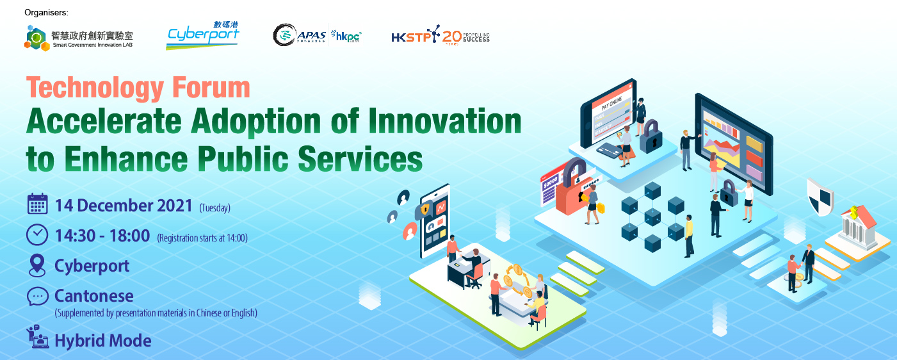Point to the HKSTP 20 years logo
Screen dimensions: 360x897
(x=440, y=37)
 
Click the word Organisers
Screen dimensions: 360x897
(x=46, y=12)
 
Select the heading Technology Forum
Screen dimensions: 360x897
(x=138, y=88)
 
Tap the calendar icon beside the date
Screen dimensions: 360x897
(x=38, y=204)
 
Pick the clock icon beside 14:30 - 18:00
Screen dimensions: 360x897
(x=37, y=235)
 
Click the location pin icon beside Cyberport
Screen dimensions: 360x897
(x=37, y=265)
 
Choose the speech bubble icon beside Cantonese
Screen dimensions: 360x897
(x=37, y=296)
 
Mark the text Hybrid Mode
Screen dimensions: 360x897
(x=103, y=341)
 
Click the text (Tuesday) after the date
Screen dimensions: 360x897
(x=214, y=208)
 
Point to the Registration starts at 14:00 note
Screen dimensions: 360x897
(x=202, y=238)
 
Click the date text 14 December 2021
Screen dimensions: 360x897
(x=124, y=206)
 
